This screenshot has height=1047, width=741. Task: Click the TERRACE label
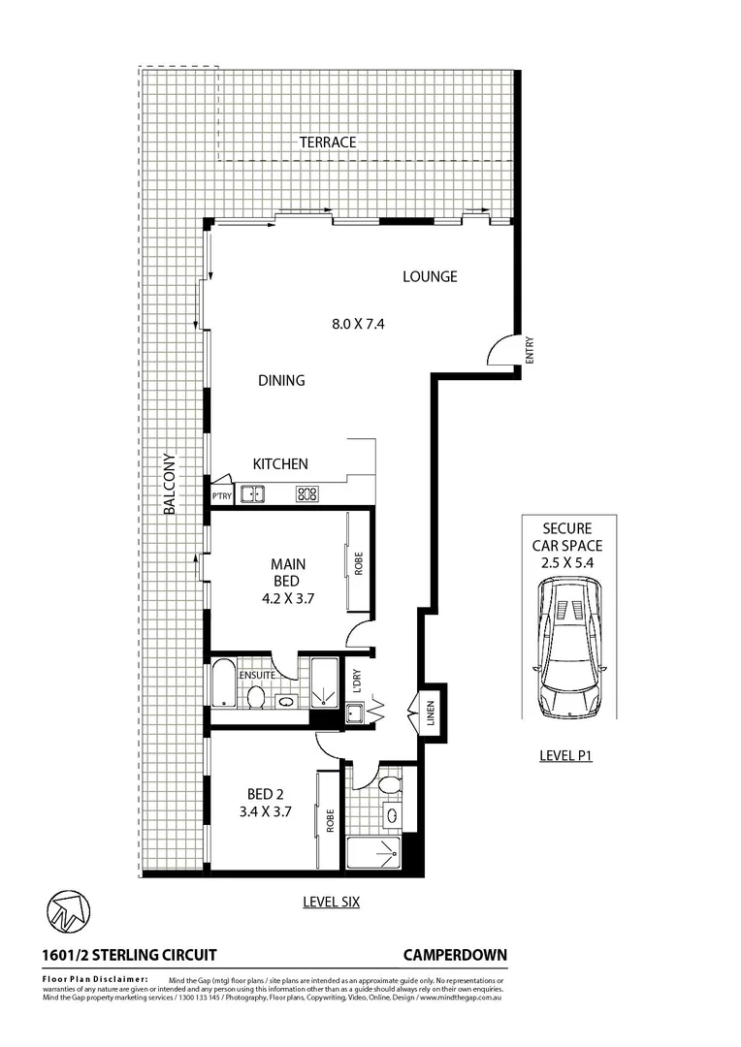click(x=328, y=143)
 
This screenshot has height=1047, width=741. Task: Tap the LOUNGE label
click(x=430, y=277)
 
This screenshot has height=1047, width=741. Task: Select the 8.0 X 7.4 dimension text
click(x=358, y=325)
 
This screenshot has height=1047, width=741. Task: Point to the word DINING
click(x=281, y=381)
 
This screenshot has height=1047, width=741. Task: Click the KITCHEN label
click(x=280, y=464)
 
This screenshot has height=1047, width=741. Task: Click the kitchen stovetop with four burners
click(x=307, y=494)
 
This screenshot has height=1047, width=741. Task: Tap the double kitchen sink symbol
click(x=253, y=494)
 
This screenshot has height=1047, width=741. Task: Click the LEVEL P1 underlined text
click(x=566, y=755)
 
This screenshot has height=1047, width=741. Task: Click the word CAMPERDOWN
click(x=455, y=955)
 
